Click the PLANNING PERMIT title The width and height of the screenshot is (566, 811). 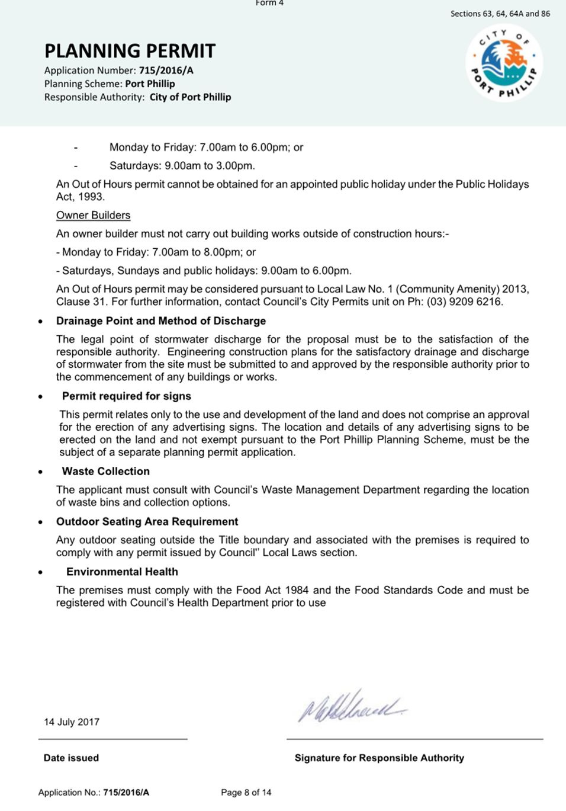(x=130, y=51)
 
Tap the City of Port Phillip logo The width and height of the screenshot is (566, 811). (x=504, y=63)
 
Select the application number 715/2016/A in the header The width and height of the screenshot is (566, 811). (x=166, y=70)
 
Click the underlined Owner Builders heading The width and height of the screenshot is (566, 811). (x=93, y=216)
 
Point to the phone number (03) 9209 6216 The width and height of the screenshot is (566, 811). (x=465, y=302)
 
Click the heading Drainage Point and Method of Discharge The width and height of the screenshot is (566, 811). (x=161, y=321)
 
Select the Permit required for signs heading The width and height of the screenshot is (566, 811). (x=126, y=396)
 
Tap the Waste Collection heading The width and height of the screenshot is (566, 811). (x=105, y=472)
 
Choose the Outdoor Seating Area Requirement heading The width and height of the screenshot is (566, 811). (x=147, y=522)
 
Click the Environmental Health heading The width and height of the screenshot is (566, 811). (x=122, y=572)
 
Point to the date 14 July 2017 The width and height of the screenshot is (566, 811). (x=72, y=722)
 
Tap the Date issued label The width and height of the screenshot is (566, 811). (x=71, y=758)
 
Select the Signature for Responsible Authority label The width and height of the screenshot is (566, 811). (x=379, y=758)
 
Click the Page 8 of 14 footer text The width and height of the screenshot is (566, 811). (x=246, y=793)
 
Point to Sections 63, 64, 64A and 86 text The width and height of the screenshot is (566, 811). (x=500, y=14)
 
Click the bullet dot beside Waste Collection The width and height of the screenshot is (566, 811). (x=40, y=472)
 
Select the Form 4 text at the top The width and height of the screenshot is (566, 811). (x=269, y=3)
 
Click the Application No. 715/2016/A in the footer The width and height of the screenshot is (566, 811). (x=94, y=793)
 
